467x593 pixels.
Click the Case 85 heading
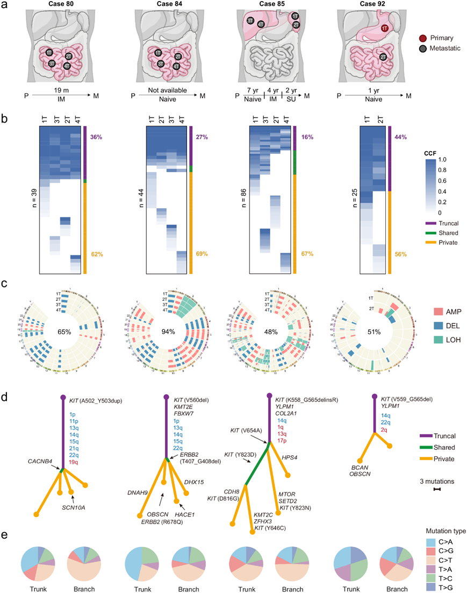269,5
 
